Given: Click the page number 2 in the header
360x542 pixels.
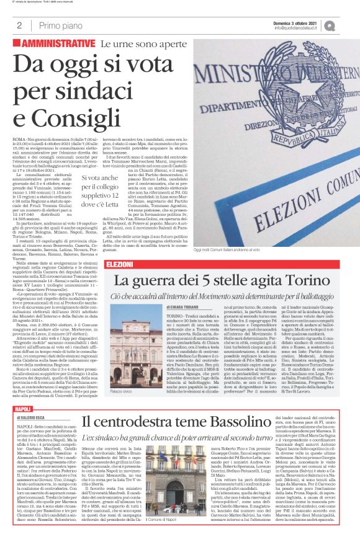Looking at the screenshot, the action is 19,25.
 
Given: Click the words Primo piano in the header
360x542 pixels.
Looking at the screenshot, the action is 59,25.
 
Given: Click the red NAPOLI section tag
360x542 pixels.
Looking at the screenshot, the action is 23,392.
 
